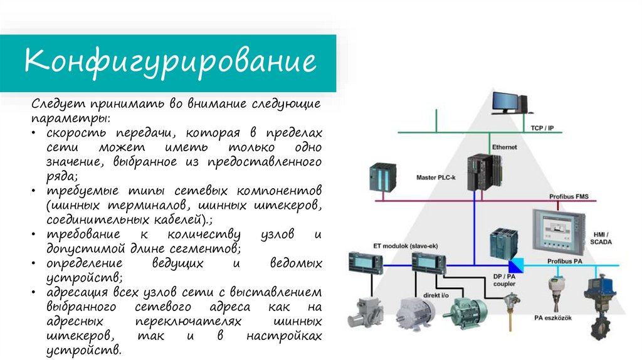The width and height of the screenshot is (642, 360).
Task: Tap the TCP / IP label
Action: click(542, 128)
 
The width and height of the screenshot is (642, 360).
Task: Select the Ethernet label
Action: click(504, 147)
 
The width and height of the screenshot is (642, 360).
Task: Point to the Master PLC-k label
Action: click(436, 177)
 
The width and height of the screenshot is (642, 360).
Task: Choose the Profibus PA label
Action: click(564, 260)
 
